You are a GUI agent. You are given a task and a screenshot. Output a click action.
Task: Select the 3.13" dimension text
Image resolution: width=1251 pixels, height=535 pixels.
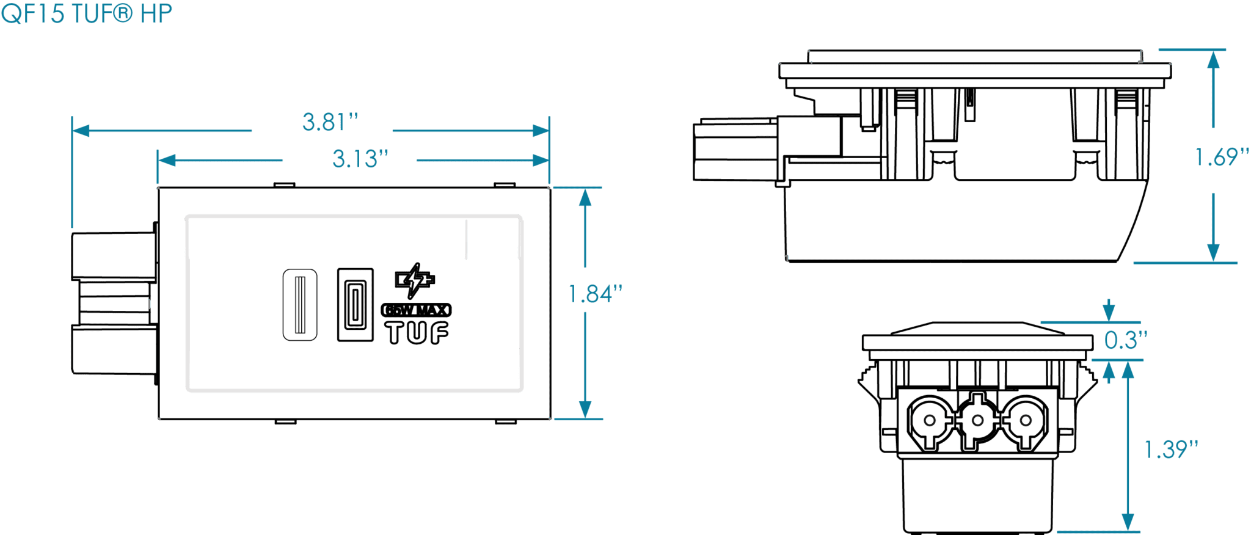tap(360, 160)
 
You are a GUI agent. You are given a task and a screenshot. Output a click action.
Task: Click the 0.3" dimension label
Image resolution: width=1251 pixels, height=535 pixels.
tap(1126, 341)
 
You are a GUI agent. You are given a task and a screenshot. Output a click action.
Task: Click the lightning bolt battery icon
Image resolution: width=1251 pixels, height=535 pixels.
tap(416, 280)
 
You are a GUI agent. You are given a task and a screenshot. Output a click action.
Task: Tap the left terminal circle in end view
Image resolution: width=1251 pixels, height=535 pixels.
tap(929, 420)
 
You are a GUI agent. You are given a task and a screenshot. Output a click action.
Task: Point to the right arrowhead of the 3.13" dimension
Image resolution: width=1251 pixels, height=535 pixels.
tap(542, 161)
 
